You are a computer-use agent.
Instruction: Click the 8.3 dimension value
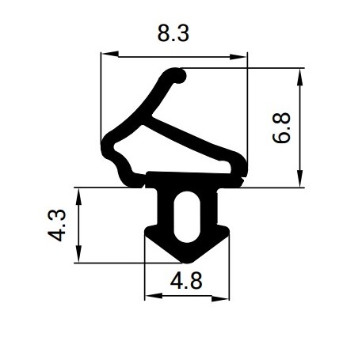click(173, 33)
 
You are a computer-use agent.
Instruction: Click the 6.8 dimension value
click(281, 128)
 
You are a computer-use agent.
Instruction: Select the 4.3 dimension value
click(57, 225)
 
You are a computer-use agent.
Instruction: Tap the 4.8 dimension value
click(186, 281)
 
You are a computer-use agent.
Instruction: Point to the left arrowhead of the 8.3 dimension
click(110, 54)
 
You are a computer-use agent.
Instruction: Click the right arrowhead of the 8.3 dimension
click(238, 57)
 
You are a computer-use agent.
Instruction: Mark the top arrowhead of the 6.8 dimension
click(299, 77)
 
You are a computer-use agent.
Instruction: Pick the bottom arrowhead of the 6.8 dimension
click(299, 179)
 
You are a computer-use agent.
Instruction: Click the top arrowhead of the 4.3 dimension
click(78, 196)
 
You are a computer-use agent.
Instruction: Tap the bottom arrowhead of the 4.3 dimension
click(78, 254)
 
